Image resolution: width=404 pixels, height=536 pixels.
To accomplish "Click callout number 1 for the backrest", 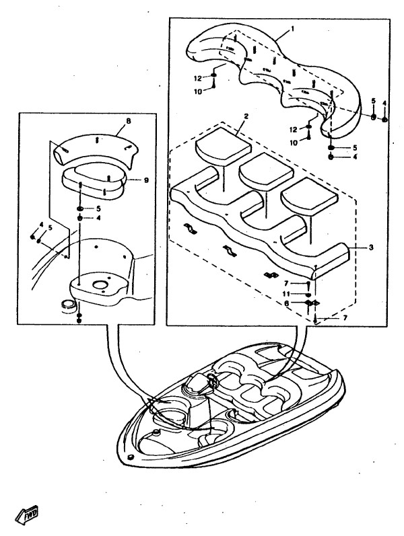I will pyautogui.click(x=294, y=30).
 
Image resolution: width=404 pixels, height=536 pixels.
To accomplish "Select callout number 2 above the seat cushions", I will pyautogui.click(x=246, y=117).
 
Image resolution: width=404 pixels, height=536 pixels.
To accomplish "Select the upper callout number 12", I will pyautogui.click(x=198, y=77).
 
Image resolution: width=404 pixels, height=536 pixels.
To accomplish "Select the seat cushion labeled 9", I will pyautogui.click(x=94, y=182).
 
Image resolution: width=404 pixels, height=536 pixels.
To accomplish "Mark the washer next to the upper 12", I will pyautogui.click(x=213, y=76).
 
